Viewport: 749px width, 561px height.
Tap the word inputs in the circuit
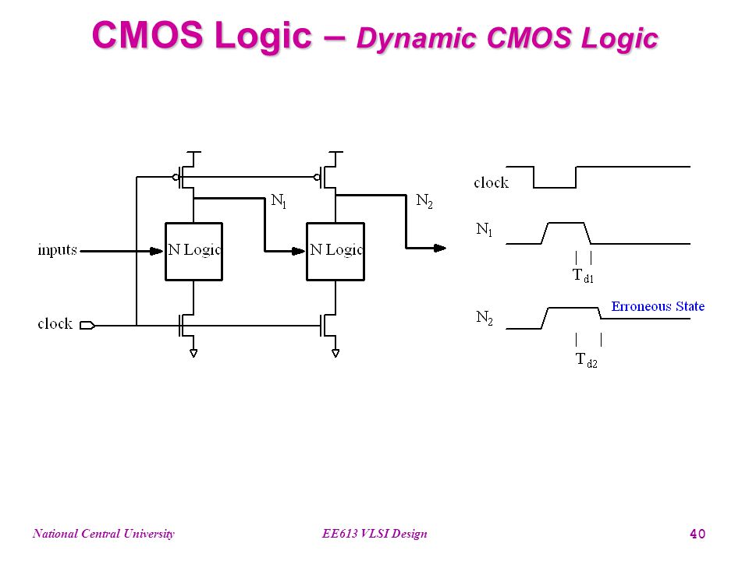point(57,249)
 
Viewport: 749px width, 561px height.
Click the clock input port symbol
point(87,326)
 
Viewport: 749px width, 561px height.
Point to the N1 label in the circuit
point(279,200)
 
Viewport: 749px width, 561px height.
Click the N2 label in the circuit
point(424,201)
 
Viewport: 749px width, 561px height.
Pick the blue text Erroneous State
point(658,306)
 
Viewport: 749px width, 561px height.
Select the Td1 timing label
point(584,276)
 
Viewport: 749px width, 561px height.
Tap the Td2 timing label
point(587,360)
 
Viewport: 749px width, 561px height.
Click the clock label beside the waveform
point(491,182)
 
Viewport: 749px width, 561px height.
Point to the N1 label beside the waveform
point(484,229)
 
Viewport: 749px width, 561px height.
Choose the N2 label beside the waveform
point(485,317)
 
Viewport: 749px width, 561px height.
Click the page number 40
point(698,534)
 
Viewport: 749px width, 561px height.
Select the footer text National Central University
point(104,534)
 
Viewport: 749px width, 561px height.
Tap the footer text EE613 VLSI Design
point(374,534)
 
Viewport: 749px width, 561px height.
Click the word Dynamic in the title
point(417,38)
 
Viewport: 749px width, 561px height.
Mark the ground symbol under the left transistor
point(193,353)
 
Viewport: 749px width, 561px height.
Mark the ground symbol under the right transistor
point(335,353)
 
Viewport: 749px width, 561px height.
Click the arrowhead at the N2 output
point(440,248)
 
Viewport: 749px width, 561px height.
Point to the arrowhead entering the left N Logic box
point(157,251)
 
